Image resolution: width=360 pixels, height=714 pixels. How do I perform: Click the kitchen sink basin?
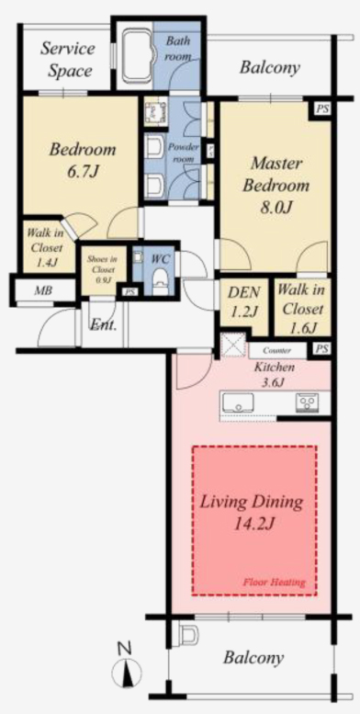tap(238, 402)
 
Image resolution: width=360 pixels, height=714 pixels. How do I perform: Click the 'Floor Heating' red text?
tap(274, 582)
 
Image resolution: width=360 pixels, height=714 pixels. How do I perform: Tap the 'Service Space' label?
tap(67, 60)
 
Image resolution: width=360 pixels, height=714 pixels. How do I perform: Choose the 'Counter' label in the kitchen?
tap(276, 351)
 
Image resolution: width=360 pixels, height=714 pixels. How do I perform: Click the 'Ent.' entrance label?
tap(103, 324)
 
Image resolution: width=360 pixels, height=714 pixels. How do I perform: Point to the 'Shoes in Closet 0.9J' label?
tap(102, 269)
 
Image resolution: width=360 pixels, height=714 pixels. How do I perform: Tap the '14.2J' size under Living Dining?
tap(253, 525)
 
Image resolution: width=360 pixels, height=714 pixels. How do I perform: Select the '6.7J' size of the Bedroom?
tap(83, 172)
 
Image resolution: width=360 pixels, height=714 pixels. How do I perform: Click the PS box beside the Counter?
tap(321, 350)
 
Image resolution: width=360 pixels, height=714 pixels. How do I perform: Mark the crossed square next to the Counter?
tap(232, 345)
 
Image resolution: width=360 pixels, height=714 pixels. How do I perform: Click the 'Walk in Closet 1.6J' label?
tap(300, 309)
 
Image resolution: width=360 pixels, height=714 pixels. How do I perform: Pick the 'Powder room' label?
tap(184, 153)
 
